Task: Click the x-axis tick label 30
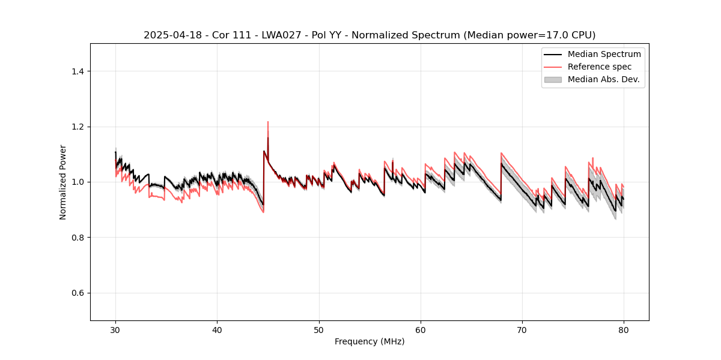tap(115, 330)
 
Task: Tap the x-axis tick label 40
tap(217, 330)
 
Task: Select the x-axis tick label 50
tap(319, 330)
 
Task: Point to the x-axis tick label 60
tap(421, 330)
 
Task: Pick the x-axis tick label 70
tap(522, 330)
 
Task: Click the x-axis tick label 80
tap(624, 330)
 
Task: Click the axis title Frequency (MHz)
tap(370, 342)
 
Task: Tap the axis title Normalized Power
tap(63, 182)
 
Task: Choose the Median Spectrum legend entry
tap(604, 55)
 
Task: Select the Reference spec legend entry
tap(599, 67)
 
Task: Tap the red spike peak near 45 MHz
tap(268, 122)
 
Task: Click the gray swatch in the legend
tap(552, 79)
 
